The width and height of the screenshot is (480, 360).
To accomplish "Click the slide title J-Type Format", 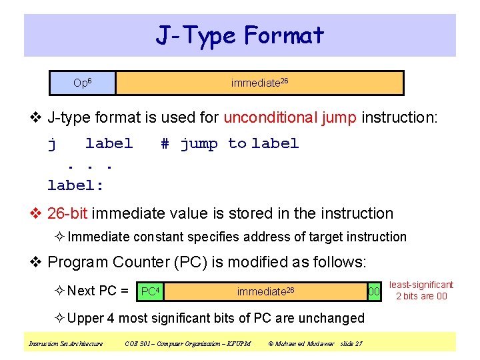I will tap(240, 35).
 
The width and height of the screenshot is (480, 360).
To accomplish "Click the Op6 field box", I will tap(83, 83).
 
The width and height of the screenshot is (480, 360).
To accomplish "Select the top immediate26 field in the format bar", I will tap(259, 83).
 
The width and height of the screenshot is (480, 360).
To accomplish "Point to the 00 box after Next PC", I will tap(375, 291).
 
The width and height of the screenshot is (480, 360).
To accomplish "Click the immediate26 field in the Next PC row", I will tap(265, 291).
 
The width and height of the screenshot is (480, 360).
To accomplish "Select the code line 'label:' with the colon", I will tap(76, 183).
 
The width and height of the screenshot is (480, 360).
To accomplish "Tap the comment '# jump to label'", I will tap(229, 143).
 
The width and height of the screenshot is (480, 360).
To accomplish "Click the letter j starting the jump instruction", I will tap(52, 143).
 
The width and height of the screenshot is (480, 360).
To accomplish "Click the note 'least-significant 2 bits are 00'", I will tap(421, 291).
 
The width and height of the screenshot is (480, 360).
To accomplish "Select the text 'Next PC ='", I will tap(98, 291).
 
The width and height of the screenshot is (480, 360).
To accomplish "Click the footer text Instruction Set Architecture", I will tap(65, 344).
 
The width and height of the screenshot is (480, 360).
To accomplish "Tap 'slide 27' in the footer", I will tap(351, 344).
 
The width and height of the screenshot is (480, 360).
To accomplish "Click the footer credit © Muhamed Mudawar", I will tap(301, 344).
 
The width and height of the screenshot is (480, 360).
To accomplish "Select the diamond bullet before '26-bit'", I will tap(38, 213).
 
